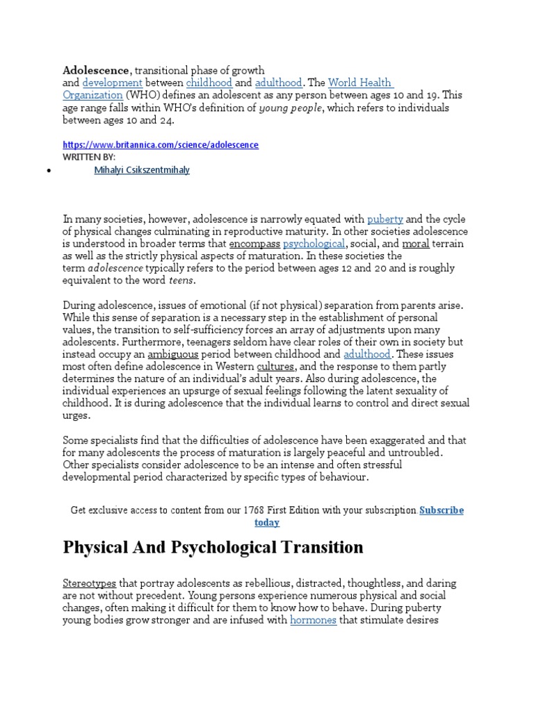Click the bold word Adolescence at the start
click(96, 70)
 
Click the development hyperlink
click(107, 83)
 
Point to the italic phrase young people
click(290, 108)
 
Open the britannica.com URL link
click(160, 145)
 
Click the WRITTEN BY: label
click(89, 158)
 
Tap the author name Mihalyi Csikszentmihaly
click(142, 171)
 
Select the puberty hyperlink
click(385, 219)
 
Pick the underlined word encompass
click(254, 244)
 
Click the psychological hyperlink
click(314, 244)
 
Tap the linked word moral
click(416, 244)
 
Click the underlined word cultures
click(275, 367)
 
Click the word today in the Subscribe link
click(266, 522)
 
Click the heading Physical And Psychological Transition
click(213, 547)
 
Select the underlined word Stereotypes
click(90, 584)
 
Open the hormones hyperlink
click(313, 621)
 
